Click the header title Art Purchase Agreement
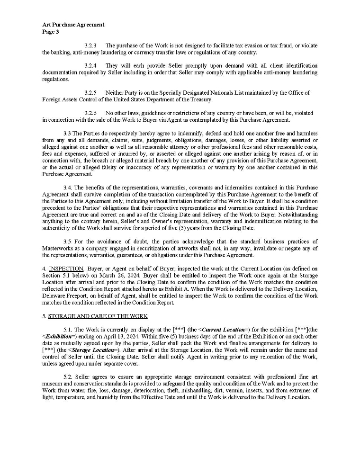pos(73,25)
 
